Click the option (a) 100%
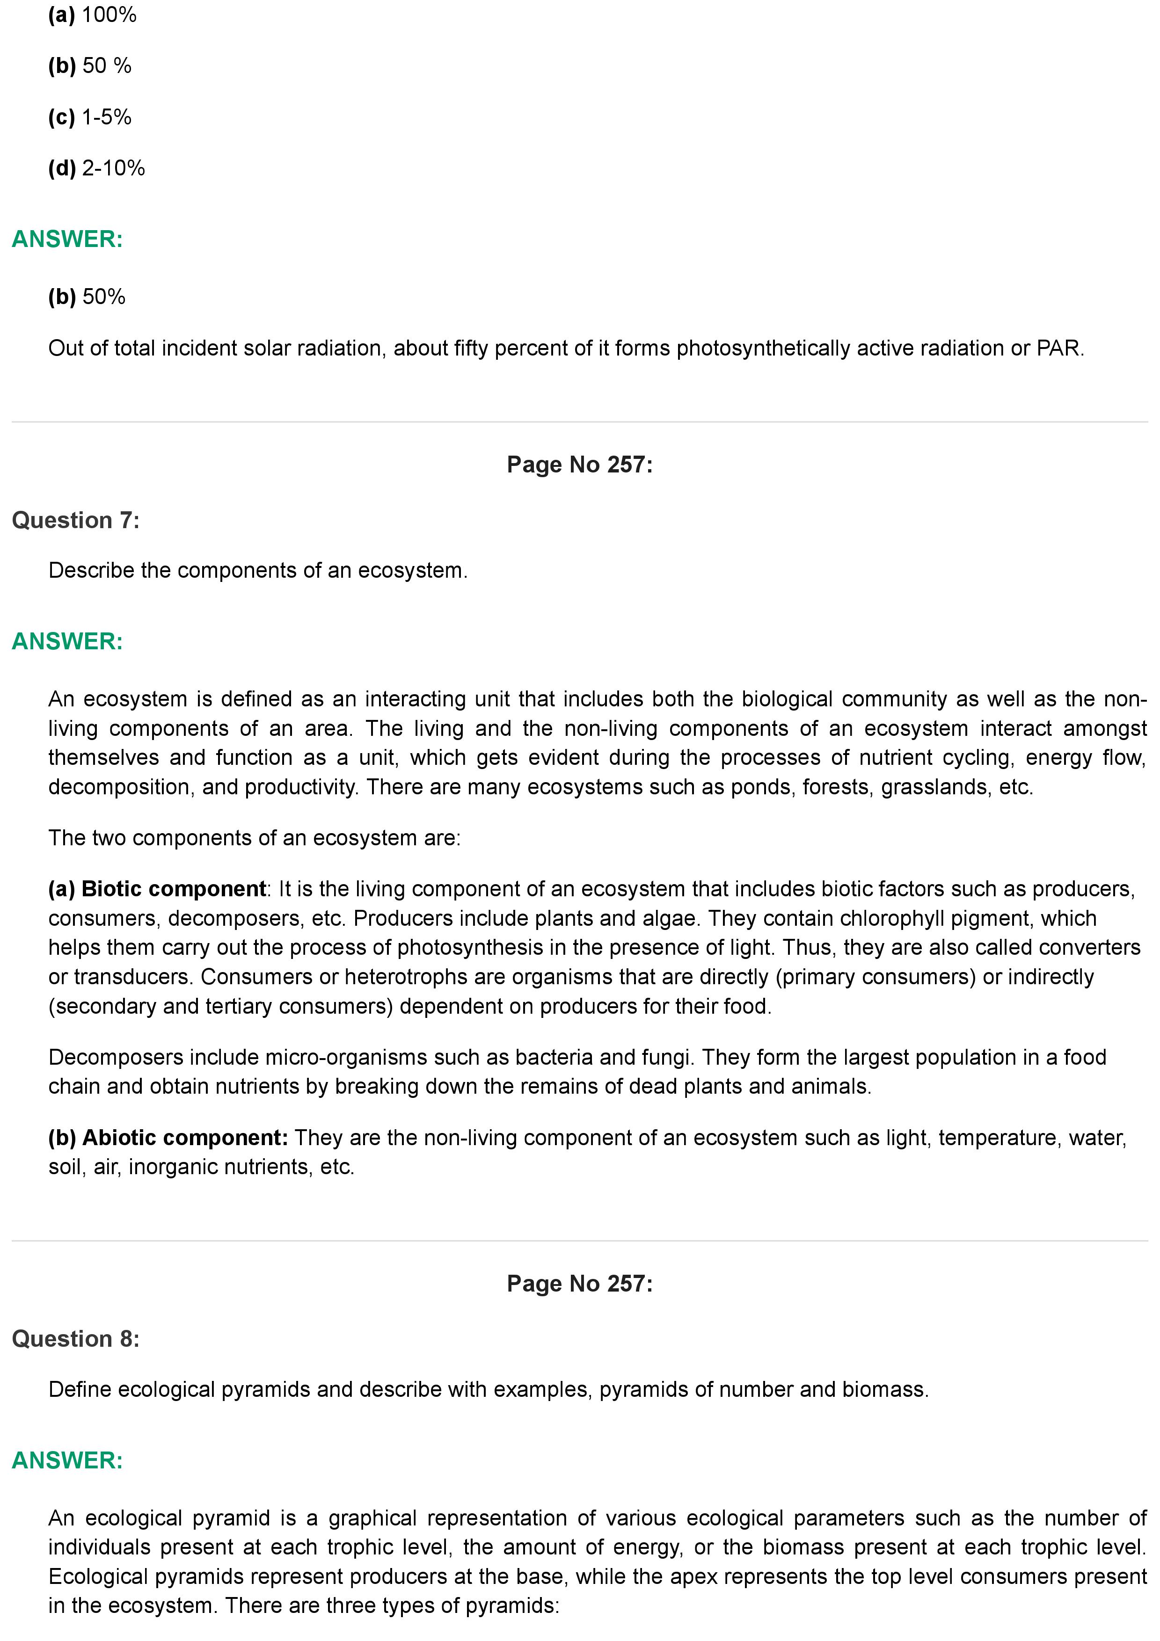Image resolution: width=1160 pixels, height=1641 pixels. [92, 15]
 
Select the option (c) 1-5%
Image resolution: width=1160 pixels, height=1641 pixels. [90, 117]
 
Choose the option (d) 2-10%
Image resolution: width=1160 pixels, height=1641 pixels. [96, 169]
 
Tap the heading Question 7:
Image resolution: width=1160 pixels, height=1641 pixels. [76, 520]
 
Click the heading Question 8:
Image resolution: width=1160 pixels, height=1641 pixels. [76, 1339]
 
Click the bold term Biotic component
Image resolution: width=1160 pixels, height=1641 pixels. [174, 889]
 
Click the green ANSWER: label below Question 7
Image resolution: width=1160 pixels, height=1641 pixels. [67, 642]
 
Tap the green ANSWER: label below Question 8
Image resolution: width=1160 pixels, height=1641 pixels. [67, 1460]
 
